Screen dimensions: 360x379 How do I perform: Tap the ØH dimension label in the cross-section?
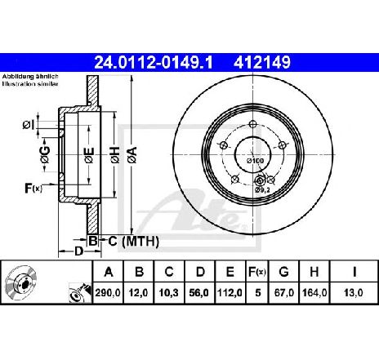tap(115, 152)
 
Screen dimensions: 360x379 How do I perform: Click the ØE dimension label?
tap(88, 152)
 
